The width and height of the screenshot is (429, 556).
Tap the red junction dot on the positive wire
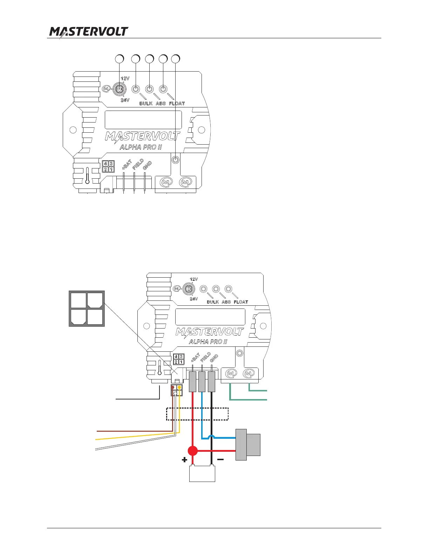(x=192, y=451)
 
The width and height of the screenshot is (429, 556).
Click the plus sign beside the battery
(x=185, y=460)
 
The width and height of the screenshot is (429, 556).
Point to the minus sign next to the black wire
(x=220, y=459)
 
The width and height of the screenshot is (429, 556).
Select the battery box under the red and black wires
(x=202, y=474)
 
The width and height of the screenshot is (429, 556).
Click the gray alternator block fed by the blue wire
(x=248, y=444)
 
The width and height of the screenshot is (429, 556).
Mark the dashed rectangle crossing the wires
(x=197, y=414)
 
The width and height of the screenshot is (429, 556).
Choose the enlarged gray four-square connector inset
(x=87, y=309)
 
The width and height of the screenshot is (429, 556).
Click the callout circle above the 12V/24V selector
(x=120, y=59)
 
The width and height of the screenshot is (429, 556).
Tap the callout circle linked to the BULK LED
(x=136, y=59)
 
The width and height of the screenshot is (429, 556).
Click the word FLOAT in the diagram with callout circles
(x=177, y=104)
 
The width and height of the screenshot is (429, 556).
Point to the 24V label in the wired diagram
(x=194, y=299)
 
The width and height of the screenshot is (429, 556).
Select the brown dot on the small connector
(x=172, y=388)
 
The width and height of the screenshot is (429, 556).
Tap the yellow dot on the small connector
(x=179, y=388)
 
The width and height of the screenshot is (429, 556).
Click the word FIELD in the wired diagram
(x=205, y=357)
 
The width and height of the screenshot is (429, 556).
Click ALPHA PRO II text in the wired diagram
(x=208, y=342)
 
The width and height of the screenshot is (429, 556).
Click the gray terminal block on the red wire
(x=192, y=382)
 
